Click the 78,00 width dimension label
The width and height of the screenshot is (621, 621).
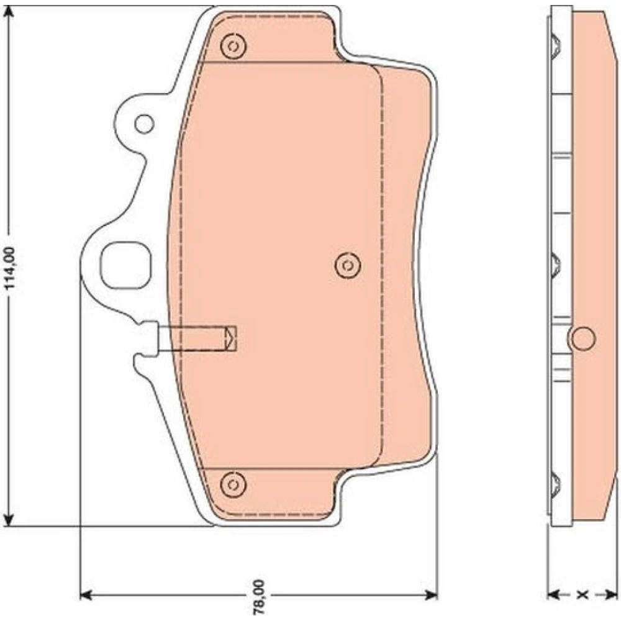pos(260,597)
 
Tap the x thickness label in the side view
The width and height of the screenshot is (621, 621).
pos(582,594)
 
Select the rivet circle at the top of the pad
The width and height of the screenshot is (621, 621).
pos(233,47)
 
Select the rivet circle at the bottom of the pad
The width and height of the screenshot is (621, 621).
pos(233,484)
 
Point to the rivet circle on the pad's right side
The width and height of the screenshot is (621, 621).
pos(347,265)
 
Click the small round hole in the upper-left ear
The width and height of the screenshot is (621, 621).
pos(144,124)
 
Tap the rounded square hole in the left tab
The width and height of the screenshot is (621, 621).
pos(125,265)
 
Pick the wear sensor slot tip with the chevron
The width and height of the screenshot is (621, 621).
pos(230,338)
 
